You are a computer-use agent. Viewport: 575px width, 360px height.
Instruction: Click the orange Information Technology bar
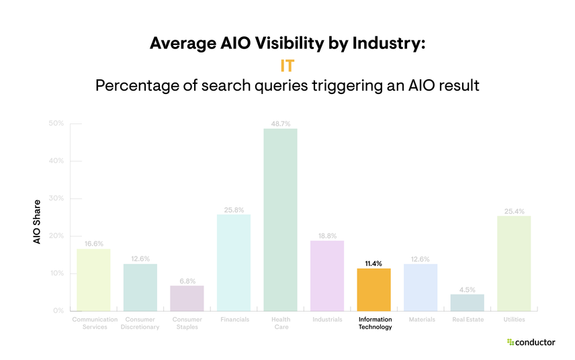373,289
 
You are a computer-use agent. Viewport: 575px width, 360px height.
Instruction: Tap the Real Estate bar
467,302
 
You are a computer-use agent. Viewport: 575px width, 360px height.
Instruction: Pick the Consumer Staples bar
187,298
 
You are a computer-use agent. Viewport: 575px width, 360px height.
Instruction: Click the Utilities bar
514,263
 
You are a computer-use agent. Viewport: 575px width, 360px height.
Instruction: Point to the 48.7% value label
280,124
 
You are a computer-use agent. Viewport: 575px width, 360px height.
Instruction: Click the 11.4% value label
373,263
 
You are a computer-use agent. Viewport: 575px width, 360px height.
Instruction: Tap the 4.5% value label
467,289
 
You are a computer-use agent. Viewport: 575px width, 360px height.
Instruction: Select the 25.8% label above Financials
234,210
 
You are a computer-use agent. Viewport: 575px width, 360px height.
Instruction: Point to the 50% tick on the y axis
56,124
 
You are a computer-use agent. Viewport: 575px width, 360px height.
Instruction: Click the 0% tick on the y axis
58,311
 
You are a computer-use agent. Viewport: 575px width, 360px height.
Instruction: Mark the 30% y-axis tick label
56,199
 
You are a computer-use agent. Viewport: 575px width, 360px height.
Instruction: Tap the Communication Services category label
94,323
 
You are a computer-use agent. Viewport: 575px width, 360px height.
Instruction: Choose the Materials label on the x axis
421,320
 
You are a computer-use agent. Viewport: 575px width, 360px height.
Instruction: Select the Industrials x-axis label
327,320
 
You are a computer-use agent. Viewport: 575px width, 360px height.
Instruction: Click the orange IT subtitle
287,66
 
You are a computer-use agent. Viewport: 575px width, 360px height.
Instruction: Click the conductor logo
531,343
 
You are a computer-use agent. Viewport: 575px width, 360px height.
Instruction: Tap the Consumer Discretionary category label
140,323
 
